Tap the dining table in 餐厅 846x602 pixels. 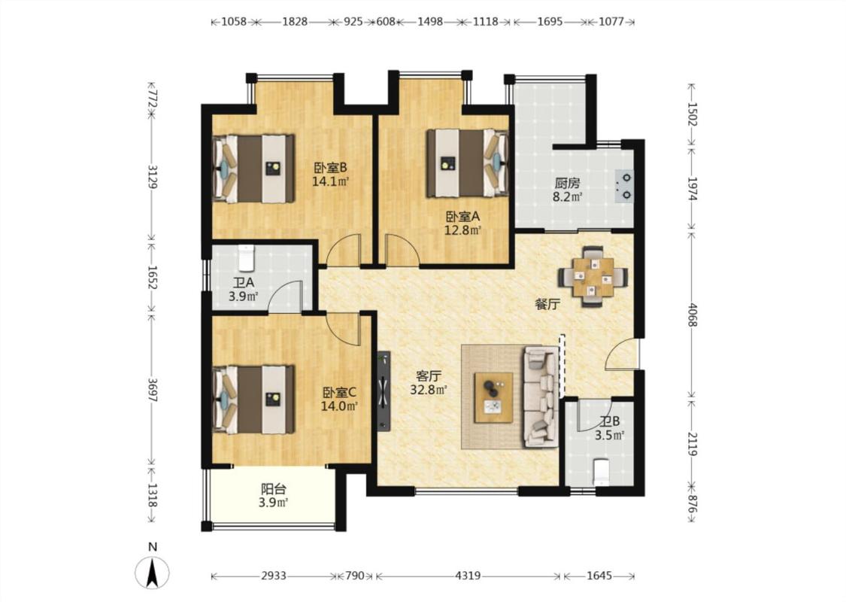point(593,277)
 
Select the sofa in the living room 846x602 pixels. point(540,397)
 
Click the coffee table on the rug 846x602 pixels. point(493,397)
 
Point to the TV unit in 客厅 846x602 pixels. point(384,391)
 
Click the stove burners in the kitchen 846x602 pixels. point(626,186)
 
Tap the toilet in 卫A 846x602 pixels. point(246,258)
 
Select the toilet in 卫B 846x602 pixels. point(601,471)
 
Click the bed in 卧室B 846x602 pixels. point(253,169)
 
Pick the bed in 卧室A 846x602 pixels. point(468,163)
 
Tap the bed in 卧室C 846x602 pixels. point(253,400)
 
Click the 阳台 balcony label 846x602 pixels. point(274,489)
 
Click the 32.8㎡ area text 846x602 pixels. point(429,390)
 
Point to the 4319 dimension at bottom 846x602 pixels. point(468,576)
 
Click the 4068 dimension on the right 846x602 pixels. point(693,315)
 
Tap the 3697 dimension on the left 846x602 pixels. point(153,389)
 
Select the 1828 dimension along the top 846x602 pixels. point(295,22)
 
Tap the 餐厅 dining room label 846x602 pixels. point(547,305)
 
